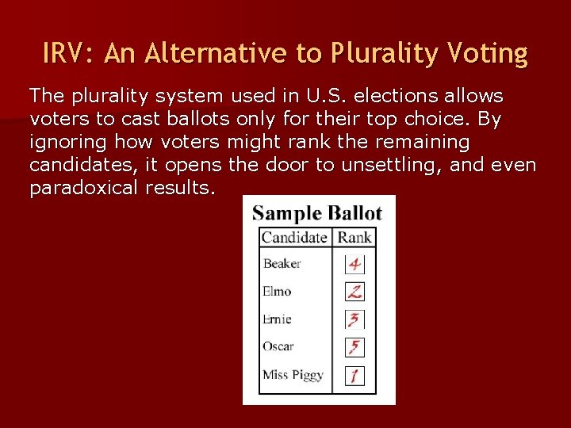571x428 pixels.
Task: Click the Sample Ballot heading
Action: tap(317, 213)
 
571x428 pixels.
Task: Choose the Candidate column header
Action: tap(293, 237)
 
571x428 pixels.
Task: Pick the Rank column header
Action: tap(354, 237)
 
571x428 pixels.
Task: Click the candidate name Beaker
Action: tap(282, 263)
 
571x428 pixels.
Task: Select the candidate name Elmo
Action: tap(277, 291)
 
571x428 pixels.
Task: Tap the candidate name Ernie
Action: tap(277, 319)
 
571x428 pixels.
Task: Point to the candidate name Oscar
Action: tap(278, 346)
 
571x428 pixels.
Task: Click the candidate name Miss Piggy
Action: tap(293, 374)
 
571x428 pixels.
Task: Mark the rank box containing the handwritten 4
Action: tap(354, 263)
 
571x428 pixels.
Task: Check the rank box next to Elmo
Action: tap(354, 291)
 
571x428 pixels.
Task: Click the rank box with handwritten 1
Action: tap(354, 375)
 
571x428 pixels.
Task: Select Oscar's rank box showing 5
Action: tap(354, 347)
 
